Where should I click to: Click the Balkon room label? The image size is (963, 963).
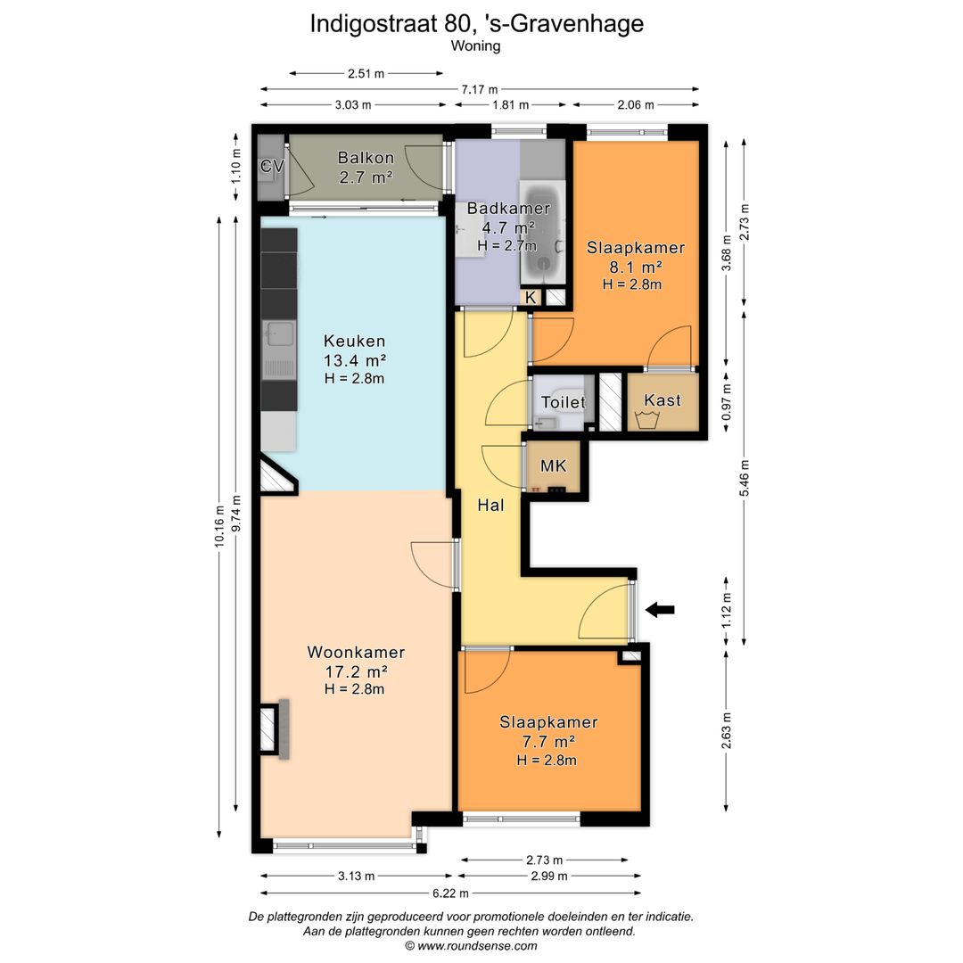click(366, 158)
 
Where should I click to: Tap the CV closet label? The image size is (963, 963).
click(271, 166)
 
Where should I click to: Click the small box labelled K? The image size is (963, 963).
click(531, 298)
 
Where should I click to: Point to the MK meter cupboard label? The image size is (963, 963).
click(553, 466)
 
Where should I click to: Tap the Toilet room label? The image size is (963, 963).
click(563, 402)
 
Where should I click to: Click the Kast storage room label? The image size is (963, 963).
click(663, 400)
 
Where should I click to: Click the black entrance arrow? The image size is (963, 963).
click(660, 610)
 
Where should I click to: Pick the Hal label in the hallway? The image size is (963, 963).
click(490, 506)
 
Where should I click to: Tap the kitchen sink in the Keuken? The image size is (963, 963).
click(279, 350)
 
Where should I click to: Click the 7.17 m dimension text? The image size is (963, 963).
click(480, 90)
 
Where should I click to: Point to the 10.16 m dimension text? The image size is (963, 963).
click(219, 526)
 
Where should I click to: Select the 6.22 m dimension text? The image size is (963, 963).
click(451, 893)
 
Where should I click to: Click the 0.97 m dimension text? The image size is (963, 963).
click(727, 402)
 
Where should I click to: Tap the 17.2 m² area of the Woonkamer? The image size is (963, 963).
click(356, 671)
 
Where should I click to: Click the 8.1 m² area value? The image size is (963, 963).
click(636, 267)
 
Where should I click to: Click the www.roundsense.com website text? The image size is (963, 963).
click(477, 946)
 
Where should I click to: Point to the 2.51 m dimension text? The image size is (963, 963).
click(366, 74)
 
